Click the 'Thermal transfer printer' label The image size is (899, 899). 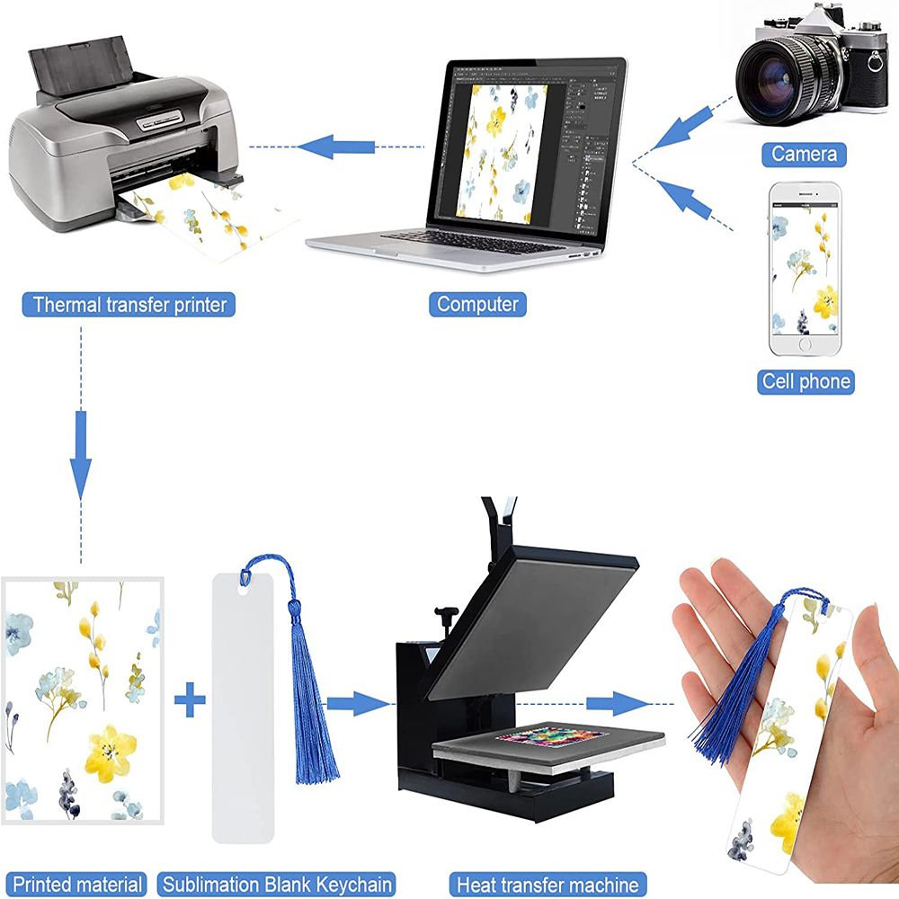pos(129,305)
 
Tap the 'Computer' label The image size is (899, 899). pos(477,304)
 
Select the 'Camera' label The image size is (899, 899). pos(804,155)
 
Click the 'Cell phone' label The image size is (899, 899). pos(806,382)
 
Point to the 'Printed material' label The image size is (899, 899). pos(76,885)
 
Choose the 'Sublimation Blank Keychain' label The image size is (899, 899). pos(276,885)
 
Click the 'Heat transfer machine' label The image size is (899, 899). pos(547,885)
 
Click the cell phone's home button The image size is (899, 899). pos(805,344)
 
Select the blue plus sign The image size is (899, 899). pos(190,699)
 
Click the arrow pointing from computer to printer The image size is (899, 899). pos(336,147)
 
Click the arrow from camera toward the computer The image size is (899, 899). pos(681,128)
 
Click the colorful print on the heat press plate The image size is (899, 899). pos(551,736)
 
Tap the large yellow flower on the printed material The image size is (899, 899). pos(110,752)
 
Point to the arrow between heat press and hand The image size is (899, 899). pos(618,704)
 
